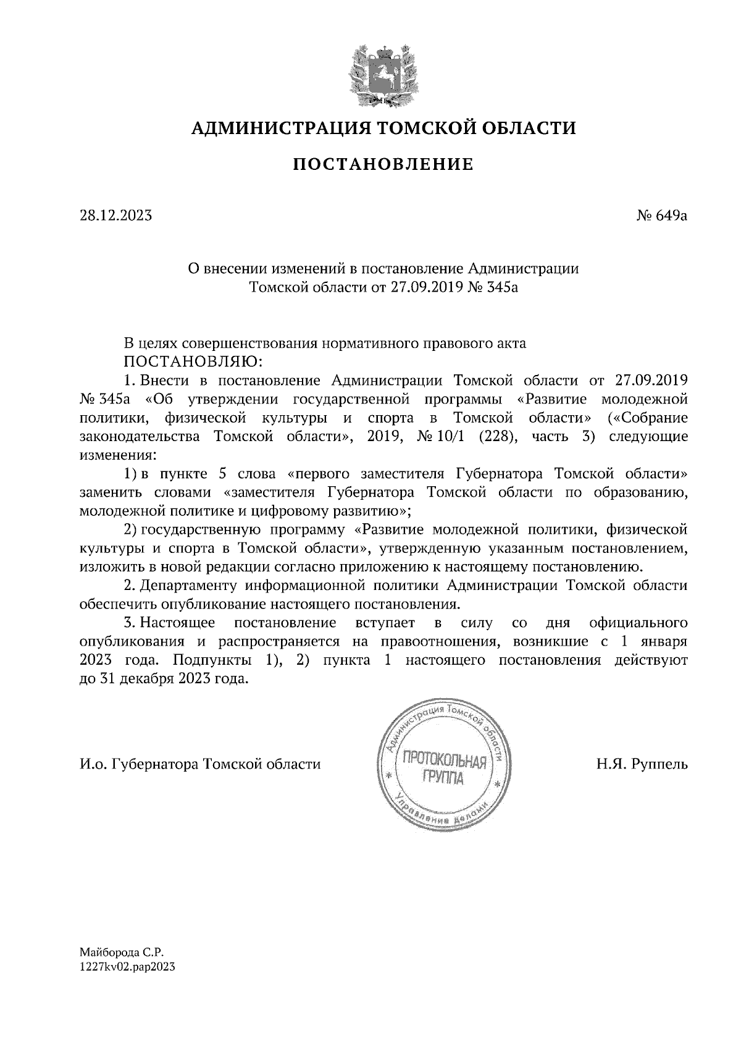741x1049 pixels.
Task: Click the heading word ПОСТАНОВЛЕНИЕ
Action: click(x=383, y=164)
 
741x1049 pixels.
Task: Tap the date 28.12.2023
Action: click(x=115, y=216)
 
